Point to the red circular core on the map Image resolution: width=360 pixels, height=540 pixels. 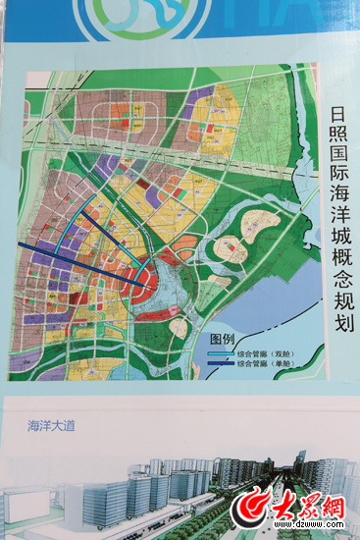click(142, 286)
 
